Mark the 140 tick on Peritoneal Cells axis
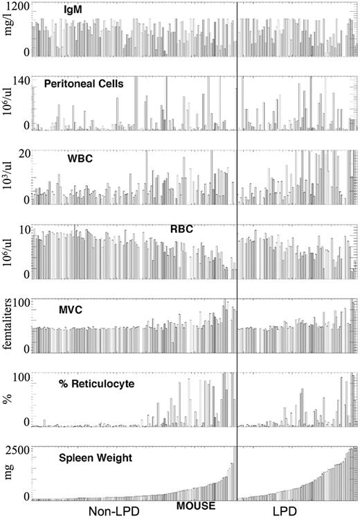tap(19, 80)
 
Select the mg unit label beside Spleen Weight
tap(9, 475)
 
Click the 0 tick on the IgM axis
tap(24, 53)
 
